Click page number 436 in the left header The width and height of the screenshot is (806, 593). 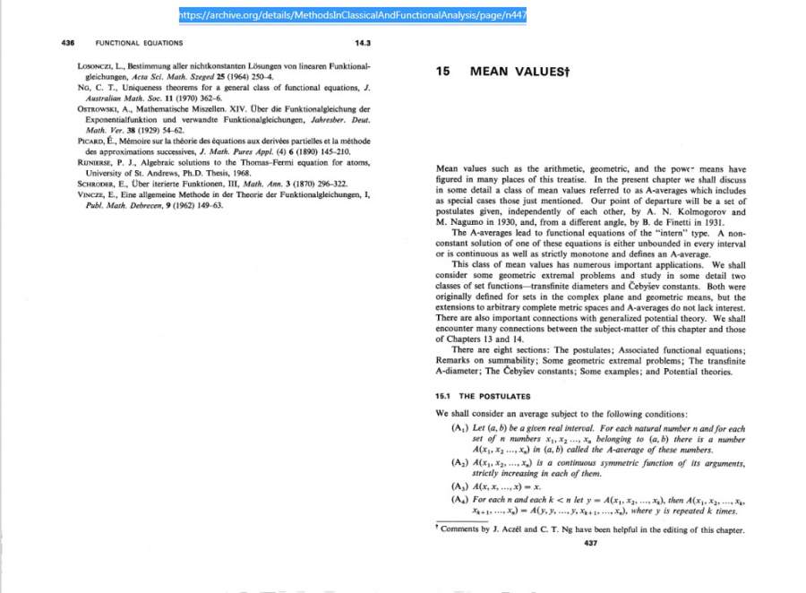67,43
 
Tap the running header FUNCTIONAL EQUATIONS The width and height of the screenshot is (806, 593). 139,43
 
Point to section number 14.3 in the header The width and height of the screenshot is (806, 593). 362,43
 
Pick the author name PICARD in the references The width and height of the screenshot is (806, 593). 92,142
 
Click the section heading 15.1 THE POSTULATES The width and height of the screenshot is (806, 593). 483,396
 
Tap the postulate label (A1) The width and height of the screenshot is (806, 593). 459,428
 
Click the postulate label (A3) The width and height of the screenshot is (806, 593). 459,486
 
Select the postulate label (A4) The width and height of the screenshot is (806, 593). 459,498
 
